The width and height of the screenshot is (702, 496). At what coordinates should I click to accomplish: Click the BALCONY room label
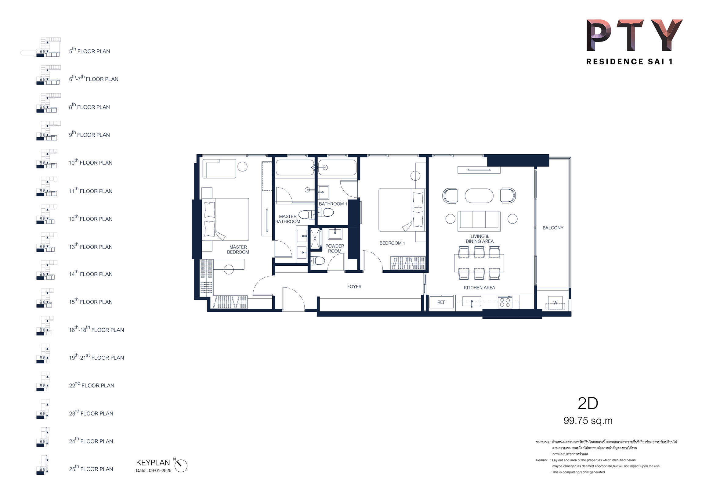tap(553, 228)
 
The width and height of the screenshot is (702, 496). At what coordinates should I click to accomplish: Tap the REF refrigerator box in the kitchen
tap(441, 302)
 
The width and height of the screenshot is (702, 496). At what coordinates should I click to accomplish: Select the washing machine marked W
tap(555, 303)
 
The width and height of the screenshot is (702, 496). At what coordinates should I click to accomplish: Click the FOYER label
tap(354, 287)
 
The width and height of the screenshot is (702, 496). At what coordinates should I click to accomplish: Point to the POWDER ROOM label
tap(335, 249)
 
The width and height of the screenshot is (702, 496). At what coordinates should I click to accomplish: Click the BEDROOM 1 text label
tap(392, 243)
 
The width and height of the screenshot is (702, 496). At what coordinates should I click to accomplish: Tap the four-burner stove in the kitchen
tap(505, 302)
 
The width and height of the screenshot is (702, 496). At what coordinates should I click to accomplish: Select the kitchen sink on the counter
tap(472, 302)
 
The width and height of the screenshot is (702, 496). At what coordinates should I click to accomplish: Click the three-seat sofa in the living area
tap(479, 221)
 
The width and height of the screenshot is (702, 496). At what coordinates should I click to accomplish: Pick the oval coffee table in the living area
tap(479, 196)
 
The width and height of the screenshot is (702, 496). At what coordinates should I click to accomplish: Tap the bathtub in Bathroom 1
tap(337, 167)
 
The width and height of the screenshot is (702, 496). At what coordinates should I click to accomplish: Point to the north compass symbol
tap(180, 465)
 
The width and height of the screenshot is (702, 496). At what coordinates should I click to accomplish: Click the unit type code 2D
tap(588, 403)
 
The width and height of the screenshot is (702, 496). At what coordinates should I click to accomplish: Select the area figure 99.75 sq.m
tap(588, 421)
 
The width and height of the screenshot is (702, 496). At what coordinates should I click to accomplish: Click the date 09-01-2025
tap(160, 471)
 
